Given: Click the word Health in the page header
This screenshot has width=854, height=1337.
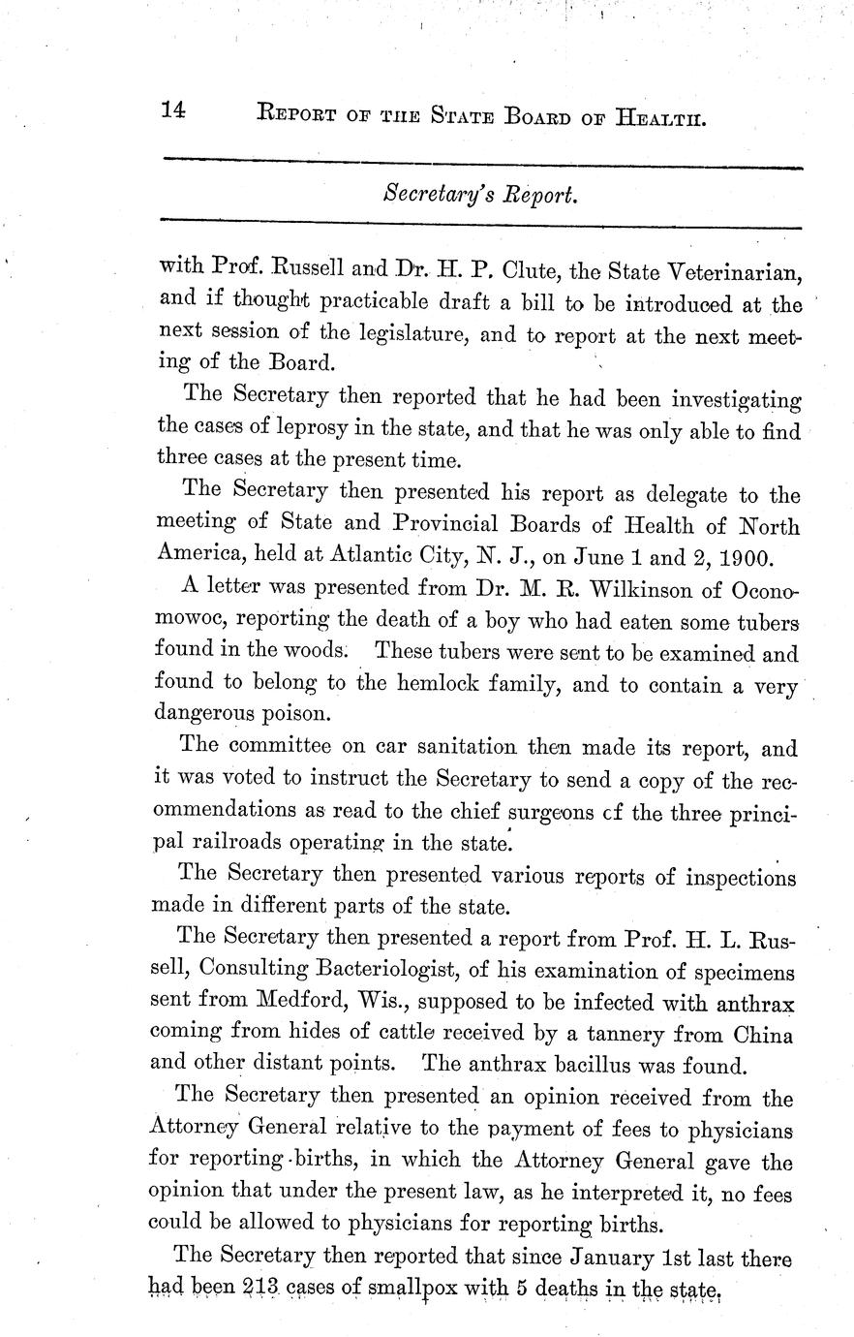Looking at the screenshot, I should coord(660,118).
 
